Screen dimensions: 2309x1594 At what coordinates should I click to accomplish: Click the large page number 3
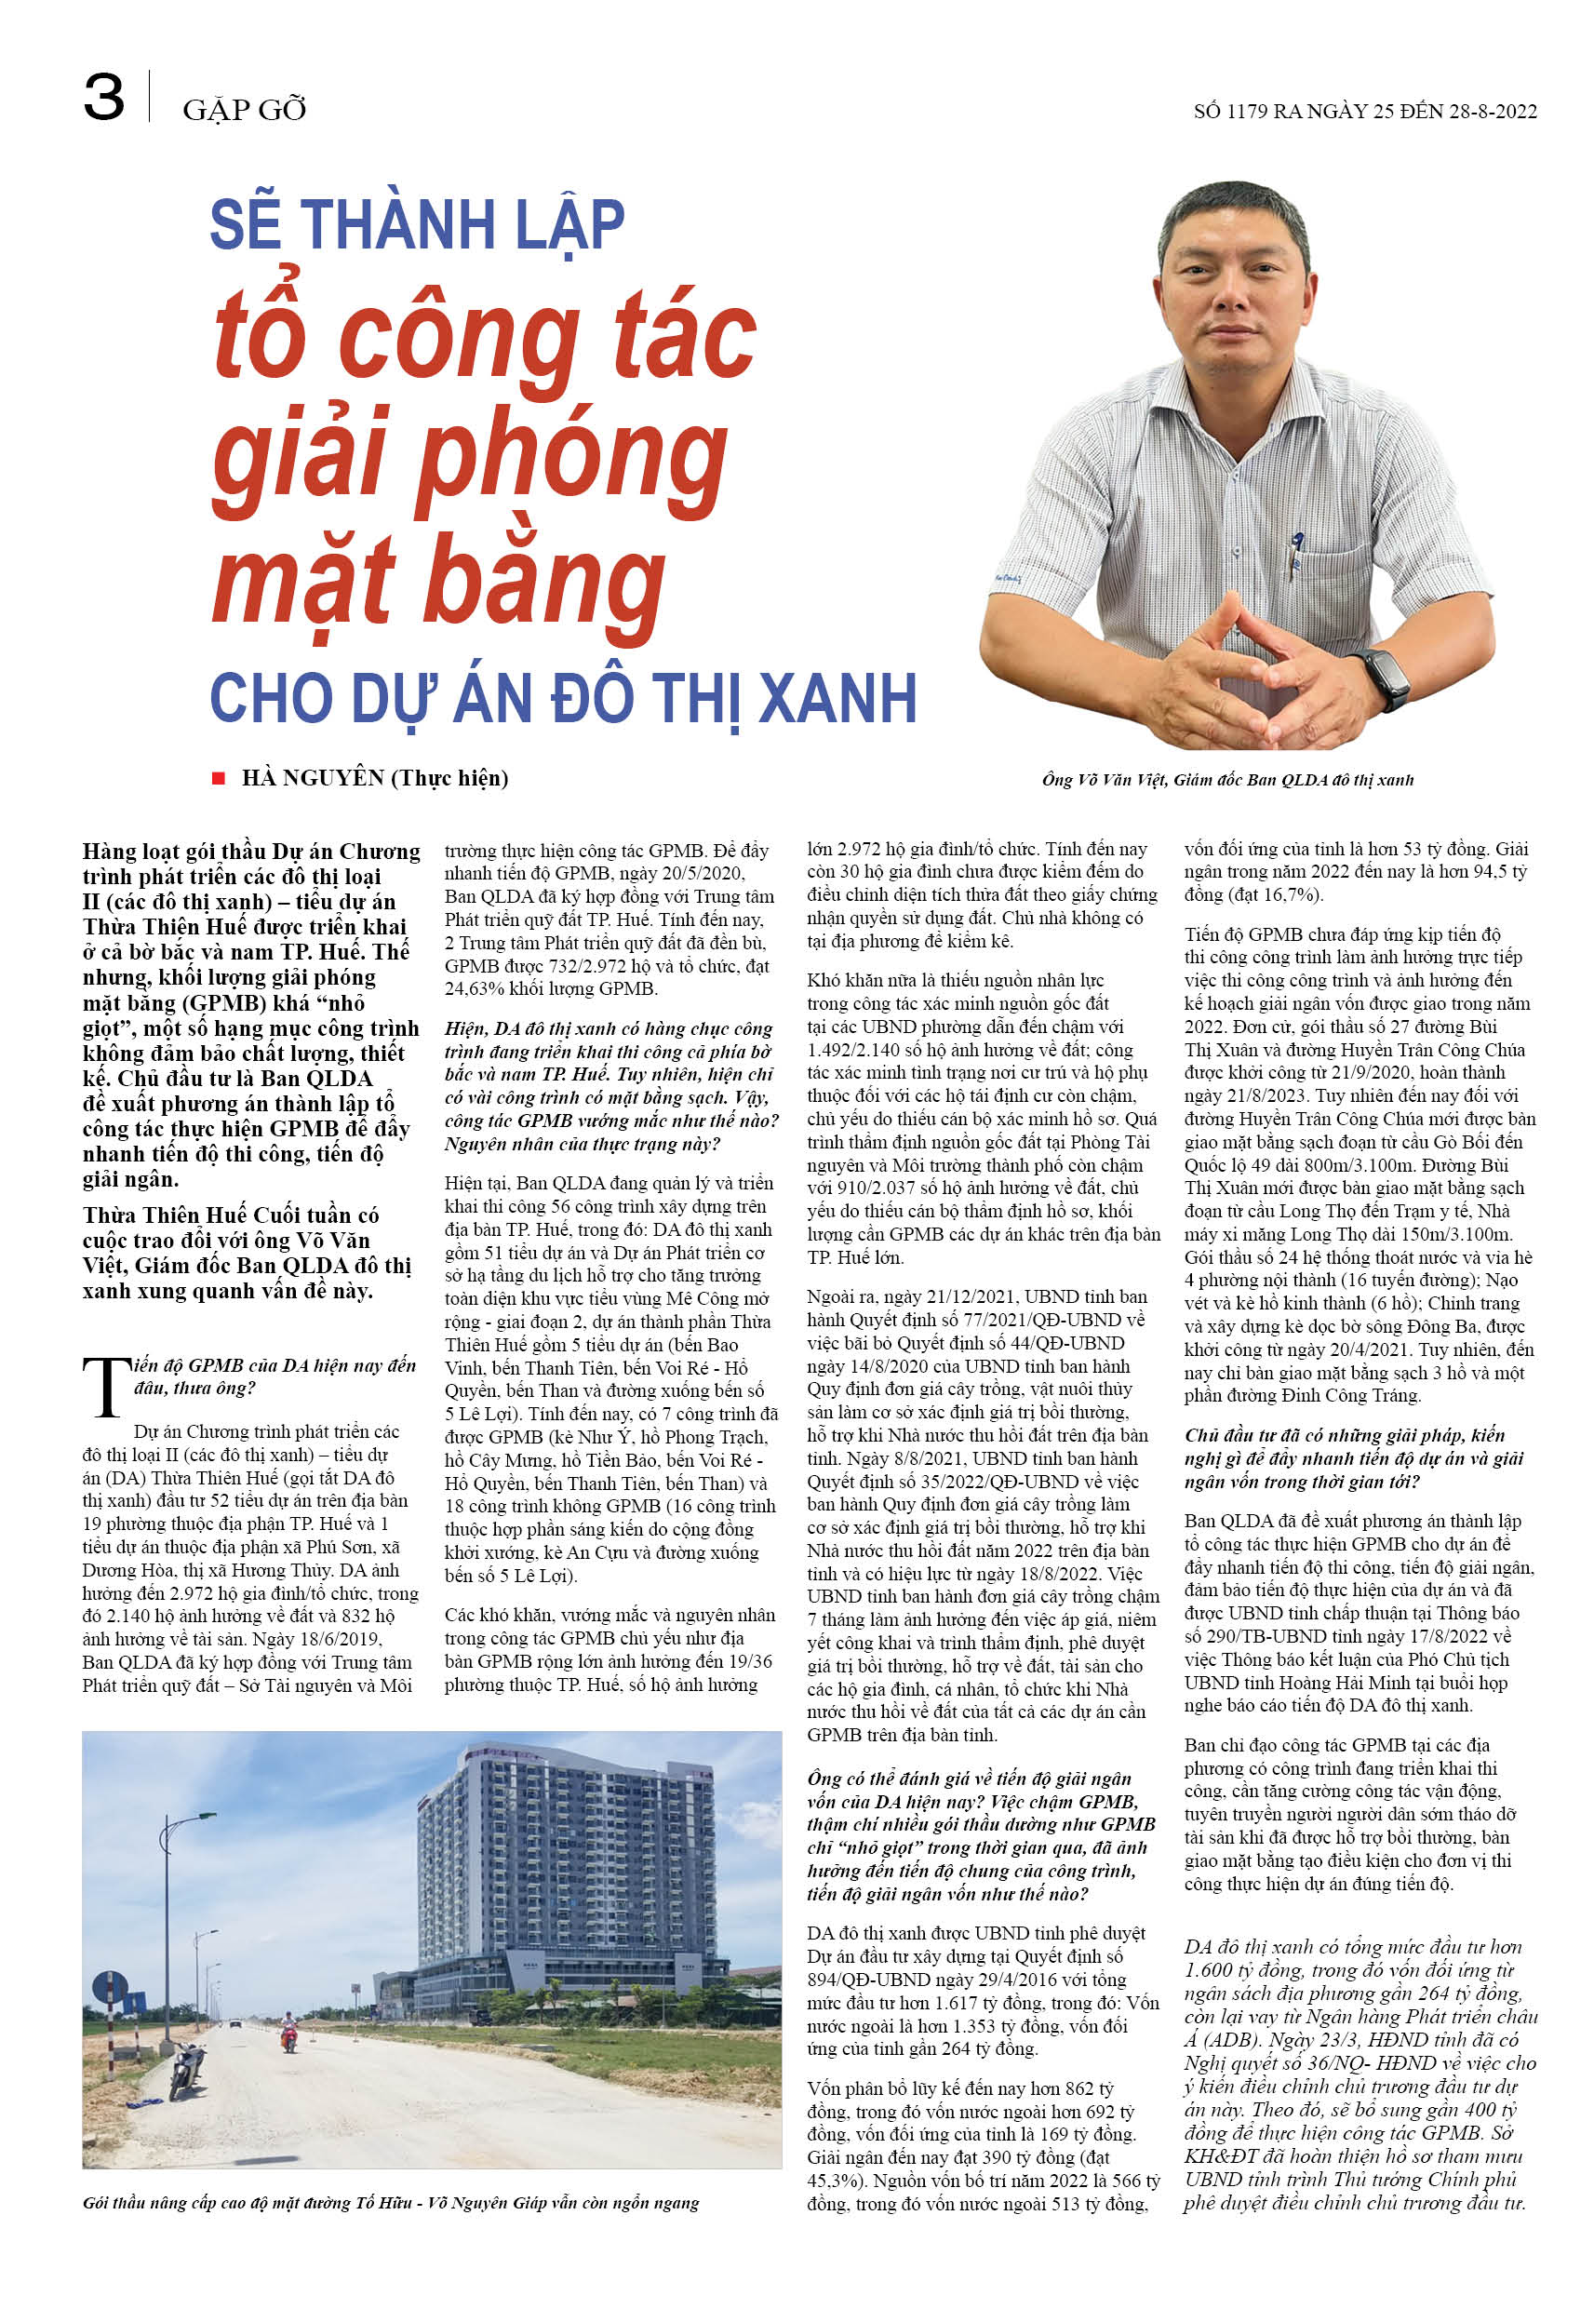pos(104,98)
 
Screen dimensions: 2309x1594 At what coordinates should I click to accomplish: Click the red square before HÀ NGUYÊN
pos(218,778)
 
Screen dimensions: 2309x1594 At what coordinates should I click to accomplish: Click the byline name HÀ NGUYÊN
pos(313,778)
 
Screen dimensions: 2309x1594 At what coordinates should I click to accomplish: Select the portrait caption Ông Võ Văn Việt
pos(1226,780)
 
